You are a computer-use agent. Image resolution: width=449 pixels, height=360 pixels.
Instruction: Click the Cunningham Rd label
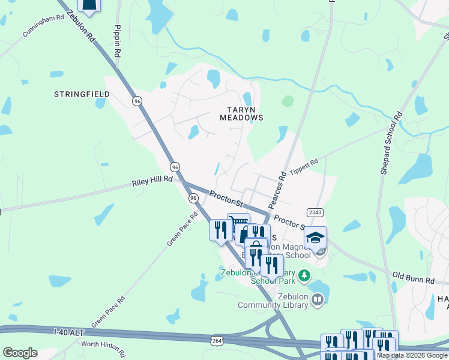[43, 26]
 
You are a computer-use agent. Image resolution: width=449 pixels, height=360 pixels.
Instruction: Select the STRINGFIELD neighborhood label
[82, 94]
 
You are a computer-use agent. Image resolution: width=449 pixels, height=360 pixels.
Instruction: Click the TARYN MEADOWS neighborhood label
[244, 113]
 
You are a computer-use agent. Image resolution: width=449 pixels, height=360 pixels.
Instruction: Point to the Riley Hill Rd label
[152, 179]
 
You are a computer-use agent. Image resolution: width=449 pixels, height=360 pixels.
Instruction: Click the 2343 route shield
[315, 212]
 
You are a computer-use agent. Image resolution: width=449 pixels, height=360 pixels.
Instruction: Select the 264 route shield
[217, 340]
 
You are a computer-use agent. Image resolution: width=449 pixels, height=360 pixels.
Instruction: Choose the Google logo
[20, 353]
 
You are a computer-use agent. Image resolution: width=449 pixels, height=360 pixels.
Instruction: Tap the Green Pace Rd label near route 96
[182, 229]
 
